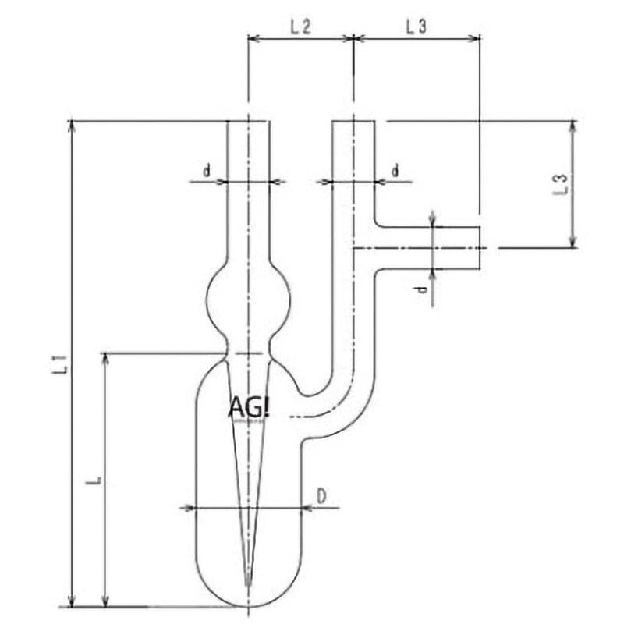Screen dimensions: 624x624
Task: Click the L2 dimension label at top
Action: point(300,27)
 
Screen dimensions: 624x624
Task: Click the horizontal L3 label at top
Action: point(417,27)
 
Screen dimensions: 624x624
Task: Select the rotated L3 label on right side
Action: point(560,184)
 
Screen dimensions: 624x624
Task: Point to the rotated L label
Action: point(94,480)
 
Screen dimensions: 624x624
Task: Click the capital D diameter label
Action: point(321,496)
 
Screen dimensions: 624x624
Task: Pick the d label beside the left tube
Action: point(207,171)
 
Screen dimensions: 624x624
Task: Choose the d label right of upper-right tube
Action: point(395,171)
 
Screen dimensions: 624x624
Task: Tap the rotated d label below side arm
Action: point(423,289)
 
